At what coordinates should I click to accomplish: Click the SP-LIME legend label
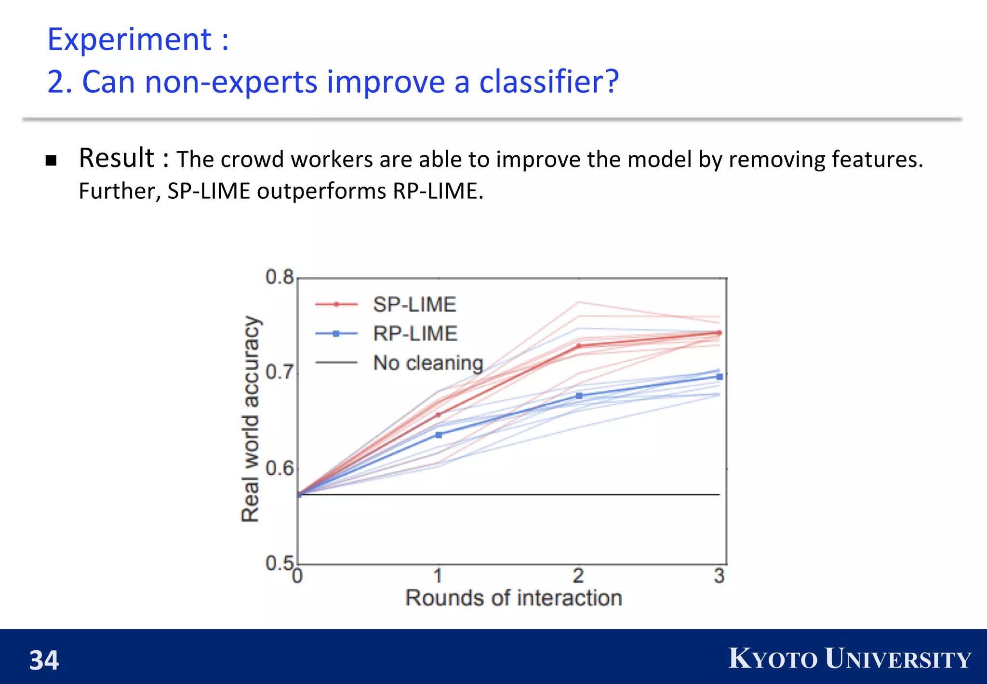pos(414,304)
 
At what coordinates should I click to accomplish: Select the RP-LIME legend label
pos(415,334)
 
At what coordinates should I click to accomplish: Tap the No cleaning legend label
pos(428,363)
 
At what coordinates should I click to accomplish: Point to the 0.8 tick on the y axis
pos(280,277)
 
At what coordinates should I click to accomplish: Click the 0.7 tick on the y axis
pos(280,372)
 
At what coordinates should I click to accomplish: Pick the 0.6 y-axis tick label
pos(280,468)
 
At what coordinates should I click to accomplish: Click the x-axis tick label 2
pos(579,576)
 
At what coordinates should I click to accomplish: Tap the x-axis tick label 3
pos(719,576)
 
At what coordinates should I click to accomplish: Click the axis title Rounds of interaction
pos(514,598)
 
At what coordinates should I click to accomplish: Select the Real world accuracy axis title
pos(250,419)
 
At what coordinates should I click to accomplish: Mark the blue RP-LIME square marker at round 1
pos(439,435)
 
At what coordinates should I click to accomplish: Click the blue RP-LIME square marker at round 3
pos(720,377)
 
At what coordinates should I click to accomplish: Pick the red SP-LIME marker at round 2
pos(579,346)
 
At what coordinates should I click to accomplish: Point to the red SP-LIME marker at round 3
pos(720,333)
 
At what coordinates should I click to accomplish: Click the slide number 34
pos(44,660)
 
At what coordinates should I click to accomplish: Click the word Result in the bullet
pos(116,158)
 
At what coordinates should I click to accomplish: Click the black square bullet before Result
pos(51,161)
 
